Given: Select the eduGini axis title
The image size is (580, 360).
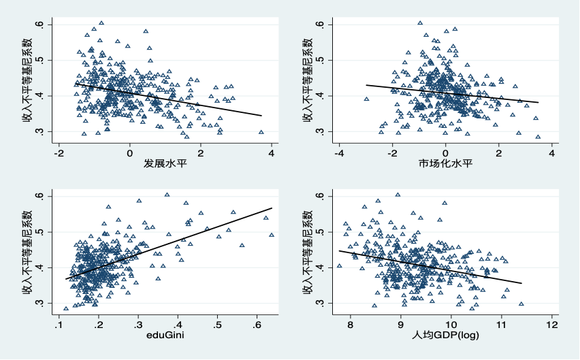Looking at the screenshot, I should tap(165, 336).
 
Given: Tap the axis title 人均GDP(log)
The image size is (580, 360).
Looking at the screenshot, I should tap(445, 336).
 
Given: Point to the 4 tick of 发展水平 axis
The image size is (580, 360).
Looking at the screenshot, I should tap(271, 152).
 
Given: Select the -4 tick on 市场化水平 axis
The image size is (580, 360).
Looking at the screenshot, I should tap(338, 152).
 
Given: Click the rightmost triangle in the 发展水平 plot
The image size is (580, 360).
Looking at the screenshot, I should tap(261, 133).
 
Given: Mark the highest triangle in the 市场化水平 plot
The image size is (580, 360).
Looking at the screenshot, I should tap(420, 23).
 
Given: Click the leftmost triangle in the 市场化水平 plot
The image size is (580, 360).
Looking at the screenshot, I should tap(366, 99).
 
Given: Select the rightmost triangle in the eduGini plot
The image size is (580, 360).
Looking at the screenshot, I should tap(271, 235).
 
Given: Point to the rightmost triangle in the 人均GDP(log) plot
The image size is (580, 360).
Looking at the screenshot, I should tap(521, 304).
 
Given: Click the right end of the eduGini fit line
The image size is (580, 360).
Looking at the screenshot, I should tap(272, 208).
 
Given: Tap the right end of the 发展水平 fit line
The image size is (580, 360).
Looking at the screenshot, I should tap(261, 116).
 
